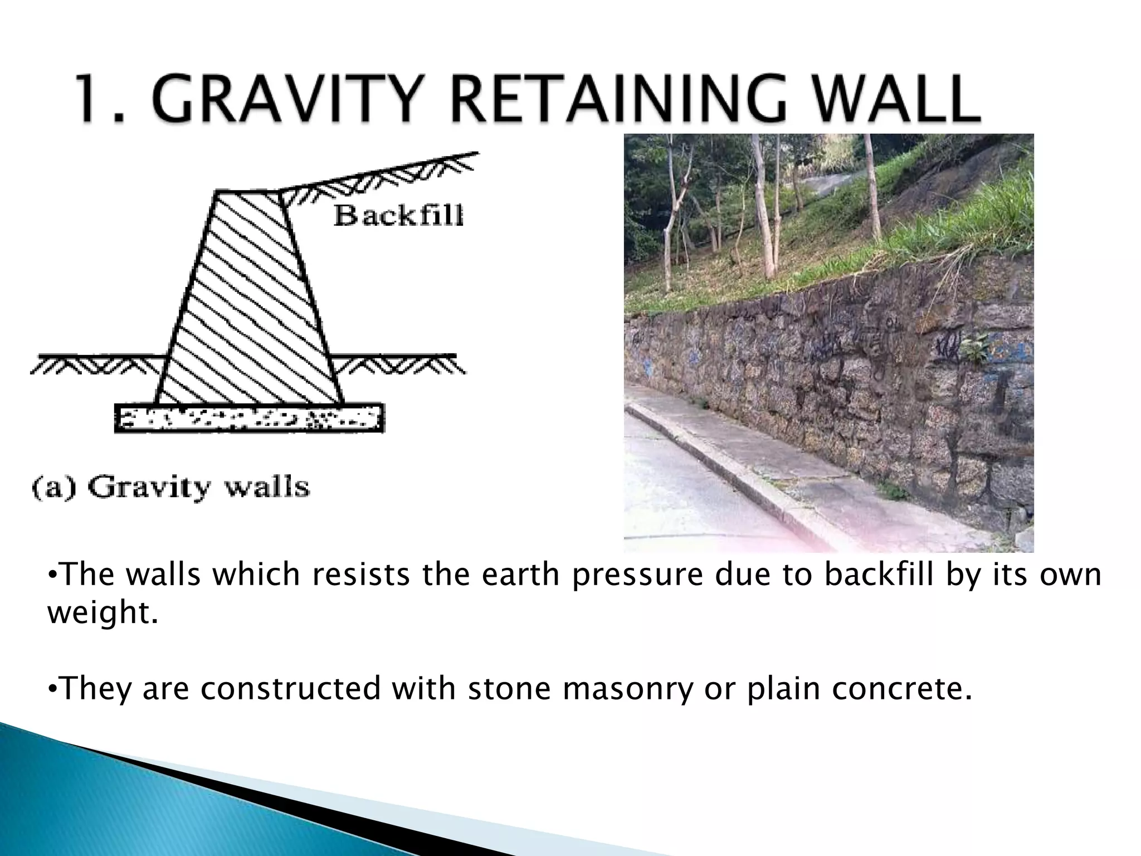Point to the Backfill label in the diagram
[398, 216]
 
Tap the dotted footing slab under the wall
[248, 418]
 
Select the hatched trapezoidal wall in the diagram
[248, 301]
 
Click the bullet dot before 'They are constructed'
[51, 689]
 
